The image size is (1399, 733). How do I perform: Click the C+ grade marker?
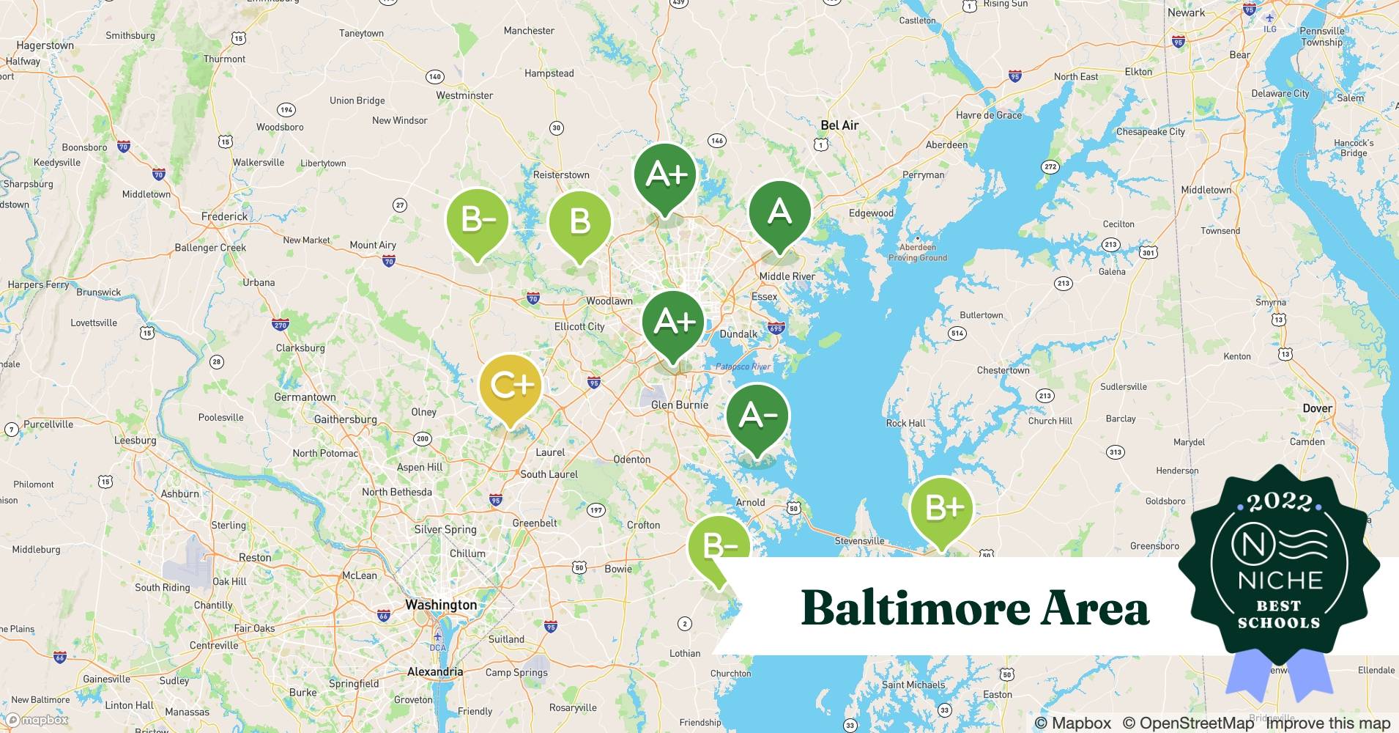point(510,386)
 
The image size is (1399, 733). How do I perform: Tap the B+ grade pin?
point(941,508)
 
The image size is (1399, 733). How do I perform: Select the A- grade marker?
point(757,416)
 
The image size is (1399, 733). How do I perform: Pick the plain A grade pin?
point(779,213)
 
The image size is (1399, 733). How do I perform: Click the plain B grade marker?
point(579,221)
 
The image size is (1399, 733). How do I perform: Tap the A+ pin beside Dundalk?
point(673,323)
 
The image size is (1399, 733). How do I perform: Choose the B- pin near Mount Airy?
point(477,218)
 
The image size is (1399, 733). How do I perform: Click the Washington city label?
point(441,605)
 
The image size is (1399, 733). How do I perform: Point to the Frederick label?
point(224,216)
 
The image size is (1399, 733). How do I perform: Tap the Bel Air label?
point(839,125)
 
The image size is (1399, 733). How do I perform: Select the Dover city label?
point(1317,408)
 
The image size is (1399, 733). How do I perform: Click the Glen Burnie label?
point(680,405)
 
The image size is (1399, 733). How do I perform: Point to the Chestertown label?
point(1003,370)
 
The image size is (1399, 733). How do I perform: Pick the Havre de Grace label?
point(988,115)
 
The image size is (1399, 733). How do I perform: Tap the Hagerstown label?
point(45,45)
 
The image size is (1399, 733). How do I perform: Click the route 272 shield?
point(1050,167)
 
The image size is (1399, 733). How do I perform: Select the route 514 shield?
point(957,333)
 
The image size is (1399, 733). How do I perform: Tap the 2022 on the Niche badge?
point(1280,502)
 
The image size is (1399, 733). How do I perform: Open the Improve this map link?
point(1327,723)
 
